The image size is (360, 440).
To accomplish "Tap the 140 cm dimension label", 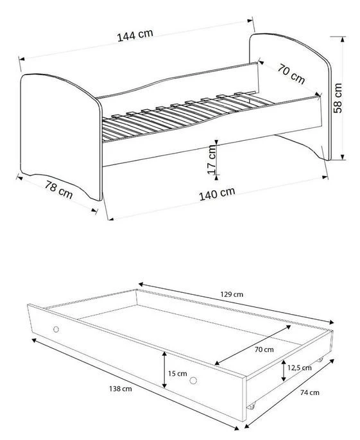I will pyautogui.click(x=218, y=192).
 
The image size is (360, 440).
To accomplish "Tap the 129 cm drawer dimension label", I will pyautogui.click(x=232, y=294).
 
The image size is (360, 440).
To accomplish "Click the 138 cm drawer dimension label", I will pyautogui.click(x=120, y=388).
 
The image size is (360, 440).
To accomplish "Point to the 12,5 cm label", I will pyautogui.click(x=300, y=367).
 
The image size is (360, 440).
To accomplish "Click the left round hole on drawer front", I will pyautogui.click(x=56, y=329).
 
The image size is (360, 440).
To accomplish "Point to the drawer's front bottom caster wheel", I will pyautogui.click(x=252, y=407).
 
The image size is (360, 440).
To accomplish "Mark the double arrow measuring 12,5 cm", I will pyautogui.click(x=283, y=370).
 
